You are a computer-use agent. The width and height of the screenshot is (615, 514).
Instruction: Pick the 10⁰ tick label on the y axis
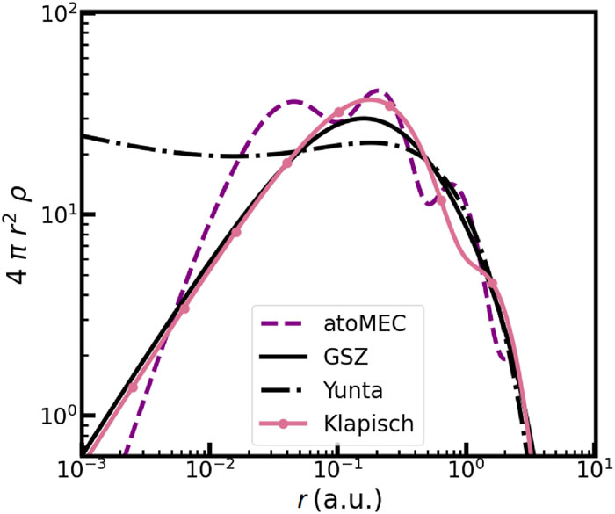coord(54,415)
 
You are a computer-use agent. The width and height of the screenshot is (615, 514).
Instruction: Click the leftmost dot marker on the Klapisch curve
coord(133,387)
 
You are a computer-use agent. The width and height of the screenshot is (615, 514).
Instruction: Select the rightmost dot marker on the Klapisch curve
coord(493,284)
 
